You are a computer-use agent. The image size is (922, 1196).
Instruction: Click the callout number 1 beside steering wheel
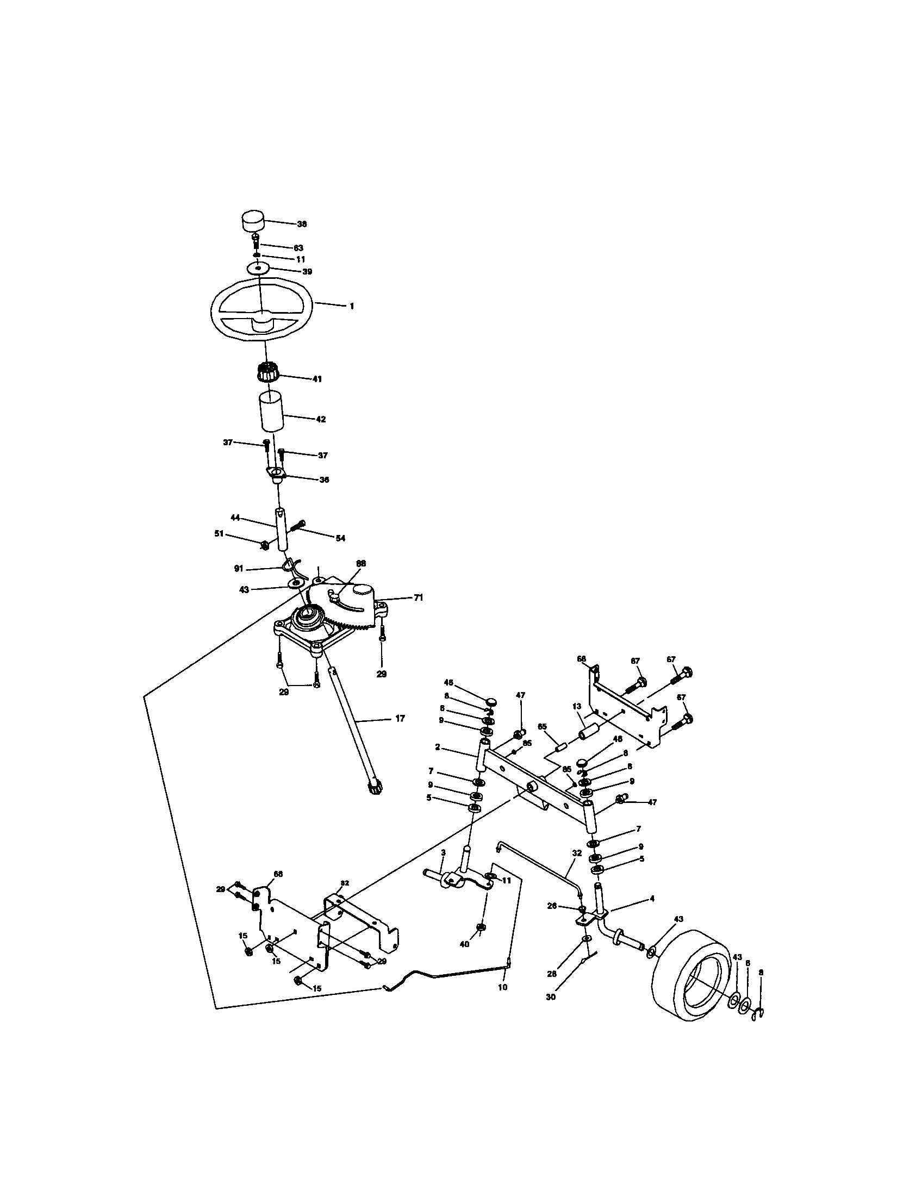(x=352, y=307)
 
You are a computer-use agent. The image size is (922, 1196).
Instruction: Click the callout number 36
(x=324, y=479)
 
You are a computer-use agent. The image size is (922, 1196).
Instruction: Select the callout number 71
(x=418, y=598)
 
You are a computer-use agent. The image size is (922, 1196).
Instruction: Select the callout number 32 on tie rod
(x=576, y=852)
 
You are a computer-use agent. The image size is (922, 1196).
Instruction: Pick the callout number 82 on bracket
(x=345, y=883)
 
